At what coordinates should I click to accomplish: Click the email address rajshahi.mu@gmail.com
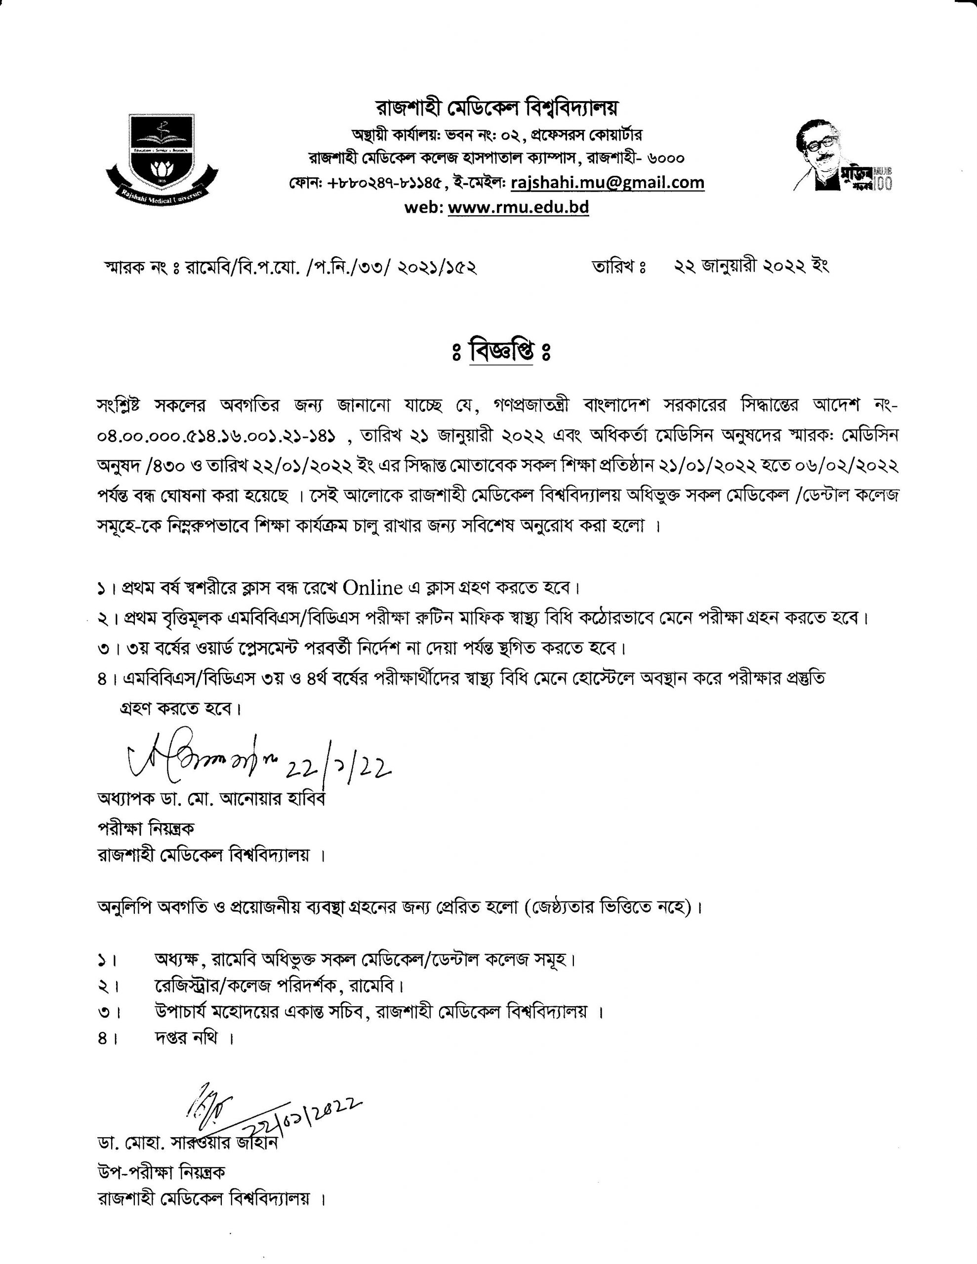(x=608, y=182)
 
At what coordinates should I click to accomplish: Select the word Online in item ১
(x=372, y=588)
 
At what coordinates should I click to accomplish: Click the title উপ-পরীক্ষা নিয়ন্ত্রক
(x=161, y=1172)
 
